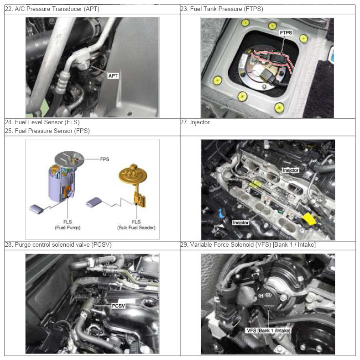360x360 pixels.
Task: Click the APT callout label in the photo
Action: tap(113, 76)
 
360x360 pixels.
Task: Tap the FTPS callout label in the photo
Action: tap(286, 33)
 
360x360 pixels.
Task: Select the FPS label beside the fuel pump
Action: tap(104, 159)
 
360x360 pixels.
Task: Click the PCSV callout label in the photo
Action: tap(119, 306)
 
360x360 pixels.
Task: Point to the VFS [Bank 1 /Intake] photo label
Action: tap(268, 331)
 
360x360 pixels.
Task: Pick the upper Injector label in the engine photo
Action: tap(291, 170)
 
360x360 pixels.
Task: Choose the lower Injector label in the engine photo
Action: tap(240, 222)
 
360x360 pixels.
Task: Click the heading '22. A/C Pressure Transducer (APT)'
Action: tap(52, 9)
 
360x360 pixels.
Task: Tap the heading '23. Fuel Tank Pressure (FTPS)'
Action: tap(222, 9)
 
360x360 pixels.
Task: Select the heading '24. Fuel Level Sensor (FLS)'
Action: tap(42, 122)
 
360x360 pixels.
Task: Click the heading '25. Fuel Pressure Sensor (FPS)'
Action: tap(47, 131)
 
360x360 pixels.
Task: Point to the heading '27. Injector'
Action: tap(195, 122)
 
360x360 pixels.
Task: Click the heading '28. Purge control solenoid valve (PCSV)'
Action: tap(58, 244)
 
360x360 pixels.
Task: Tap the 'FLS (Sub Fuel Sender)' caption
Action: tap(136, 225)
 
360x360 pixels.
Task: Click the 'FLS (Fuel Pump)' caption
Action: tap(68, 225)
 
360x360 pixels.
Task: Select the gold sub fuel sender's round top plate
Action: tap(133, 176)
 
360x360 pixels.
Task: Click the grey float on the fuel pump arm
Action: tap(37, 209)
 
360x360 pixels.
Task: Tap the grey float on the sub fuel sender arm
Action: tap(94, 201)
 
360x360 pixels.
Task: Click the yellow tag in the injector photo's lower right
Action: tap(310, 219)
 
